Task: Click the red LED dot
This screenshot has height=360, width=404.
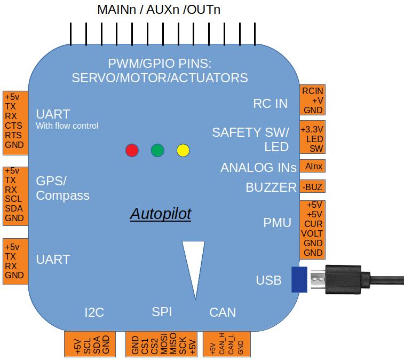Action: (132, 150)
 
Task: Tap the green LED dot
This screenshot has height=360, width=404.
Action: (157, 150)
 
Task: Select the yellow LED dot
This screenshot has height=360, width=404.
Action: (183, 150)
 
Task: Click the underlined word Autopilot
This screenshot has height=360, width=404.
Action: (161, 214)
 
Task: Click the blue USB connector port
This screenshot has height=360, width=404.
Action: (299, 279)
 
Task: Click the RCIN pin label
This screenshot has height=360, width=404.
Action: (313, 90)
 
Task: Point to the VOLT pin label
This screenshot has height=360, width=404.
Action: (313, 233)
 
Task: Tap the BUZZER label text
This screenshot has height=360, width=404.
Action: (271, 187)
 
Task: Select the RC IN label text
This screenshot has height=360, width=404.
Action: (270, 103)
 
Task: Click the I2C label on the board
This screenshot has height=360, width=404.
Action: (94, 312)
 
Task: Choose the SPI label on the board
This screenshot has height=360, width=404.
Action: (162, 312)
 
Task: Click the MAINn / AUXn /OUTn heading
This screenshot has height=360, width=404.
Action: (159, 10)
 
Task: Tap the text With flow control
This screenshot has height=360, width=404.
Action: (67, 126)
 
